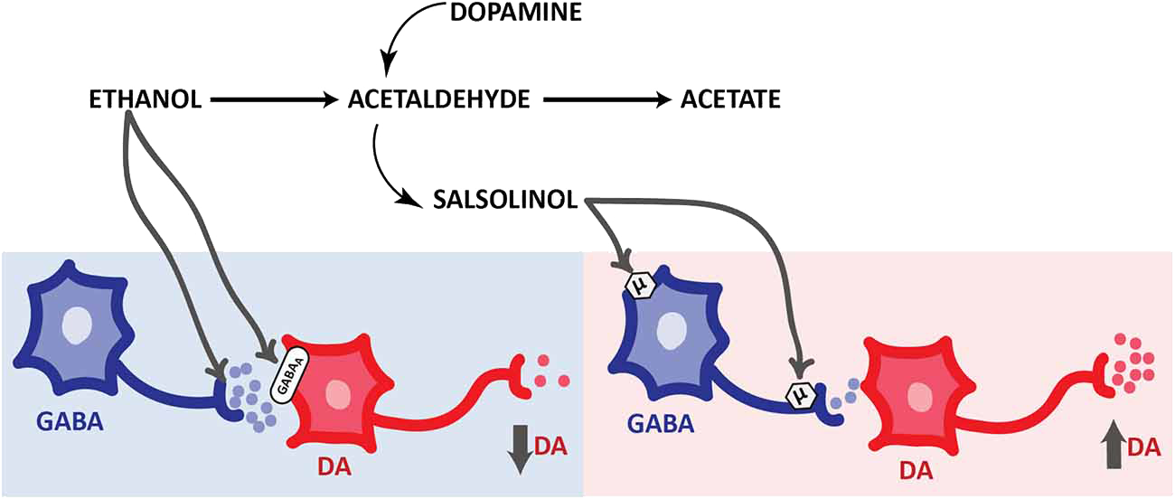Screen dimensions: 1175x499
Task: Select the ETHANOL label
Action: point(145,99)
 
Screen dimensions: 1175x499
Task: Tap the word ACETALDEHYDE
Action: point(438,99)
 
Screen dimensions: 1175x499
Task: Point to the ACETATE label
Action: point(729,99)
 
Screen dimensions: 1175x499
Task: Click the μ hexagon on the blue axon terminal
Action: point(801,395)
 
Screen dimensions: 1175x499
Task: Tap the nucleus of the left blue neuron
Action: point(79,323)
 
